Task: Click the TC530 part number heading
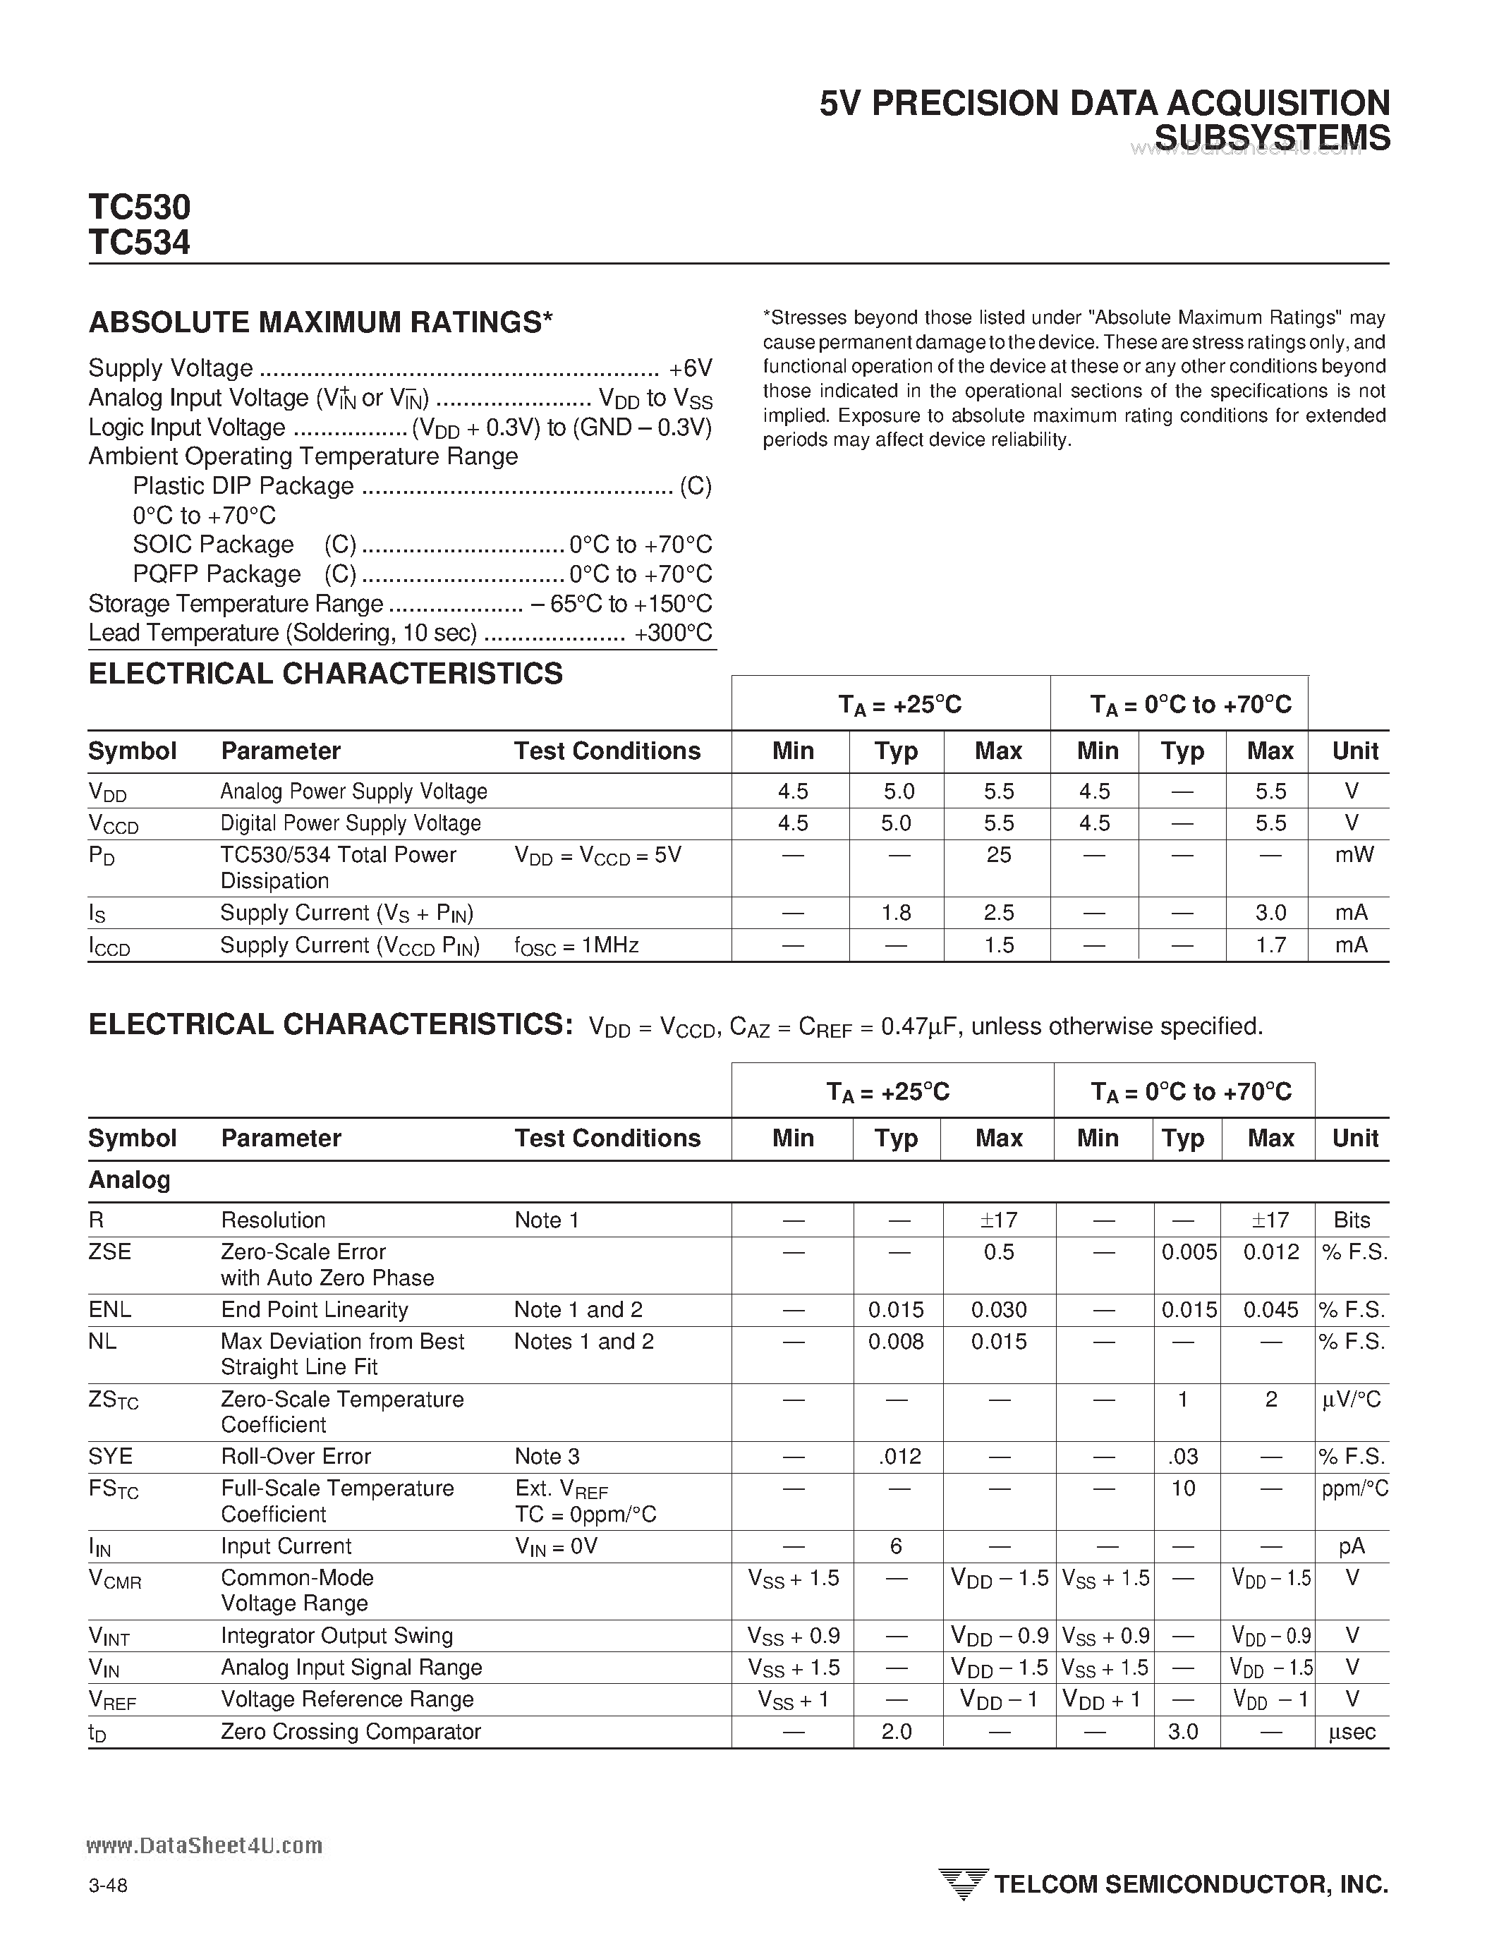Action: (x=139, y=207)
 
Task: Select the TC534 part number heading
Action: (x=139, y=242)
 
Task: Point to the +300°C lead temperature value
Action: (x=673, y=633)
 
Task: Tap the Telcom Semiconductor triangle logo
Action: (x=962, y=1883)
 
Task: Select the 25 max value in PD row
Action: (x=998, y=855)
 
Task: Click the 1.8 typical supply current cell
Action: (x=897, y=913)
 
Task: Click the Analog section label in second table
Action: (x=129, y=1180)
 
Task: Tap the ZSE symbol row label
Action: (x=110, y=1252)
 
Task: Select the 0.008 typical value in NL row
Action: (x=896, y=1342)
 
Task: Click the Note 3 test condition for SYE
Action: (x=547, y=1457)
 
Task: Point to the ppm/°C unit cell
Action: (x=1354, y=1488)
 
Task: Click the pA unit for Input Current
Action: (x=1352, y=1546)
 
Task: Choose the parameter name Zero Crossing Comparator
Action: (x=351, y=1731)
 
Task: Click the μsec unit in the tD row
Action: (x=1352, y=1731)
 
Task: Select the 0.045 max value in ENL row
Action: (x=1270, y=1309)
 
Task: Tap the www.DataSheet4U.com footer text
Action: (x=205, y=1845)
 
